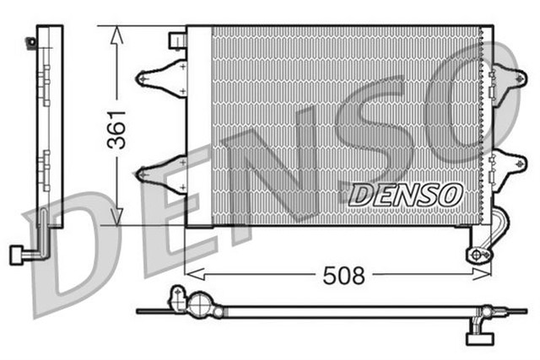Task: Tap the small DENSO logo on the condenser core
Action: [406, 194]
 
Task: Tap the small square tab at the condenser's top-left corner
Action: [177, 40]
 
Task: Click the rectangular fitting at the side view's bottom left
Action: [16, 254]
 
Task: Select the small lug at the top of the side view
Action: [33, 41]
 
